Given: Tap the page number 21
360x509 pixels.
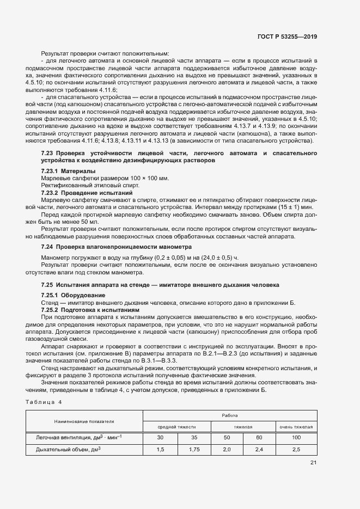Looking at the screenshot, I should click(313, 463).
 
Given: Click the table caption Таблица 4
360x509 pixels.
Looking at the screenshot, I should click(44, 402).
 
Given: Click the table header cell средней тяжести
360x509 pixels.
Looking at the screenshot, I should click(176, 427).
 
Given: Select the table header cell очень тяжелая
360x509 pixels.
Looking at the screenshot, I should click(296, 427).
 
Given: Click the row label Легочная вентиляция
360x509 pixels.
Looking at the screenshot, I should click(78, 438).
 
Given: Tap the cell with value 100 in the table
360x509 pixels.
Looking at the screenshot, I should click(296, 438).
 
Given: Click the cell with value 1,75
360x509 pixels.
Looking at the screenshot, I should click(194, 450).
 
